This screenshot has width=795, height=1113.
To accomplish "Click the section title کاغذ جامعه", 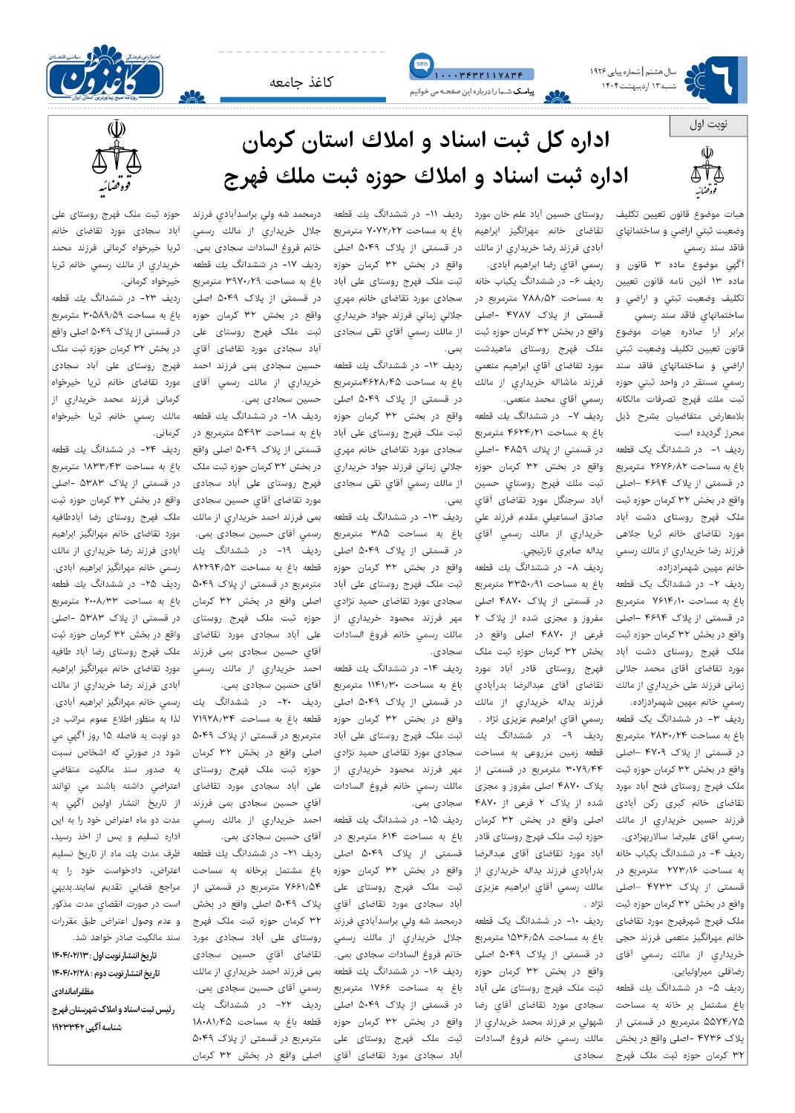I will click(301, 82).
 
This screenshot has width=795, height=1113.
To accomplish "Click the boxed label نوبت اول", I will click(708, 125).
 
